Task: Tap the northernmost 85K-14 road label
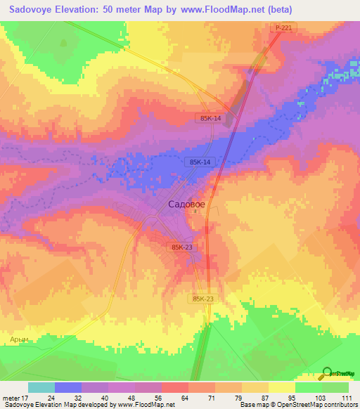click(x=210, y=119)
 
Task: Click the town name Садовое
click(x=187, y=204)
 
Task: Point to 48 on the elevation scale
click(x=131, y=397)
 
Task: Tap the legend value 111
click(x=346, y=397)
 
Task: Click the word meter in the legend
click(x=9, y=397)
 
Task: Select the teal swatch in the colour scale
click(x=41, y=387)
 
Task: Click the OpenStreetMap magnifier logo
click(x=326, y=372)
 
